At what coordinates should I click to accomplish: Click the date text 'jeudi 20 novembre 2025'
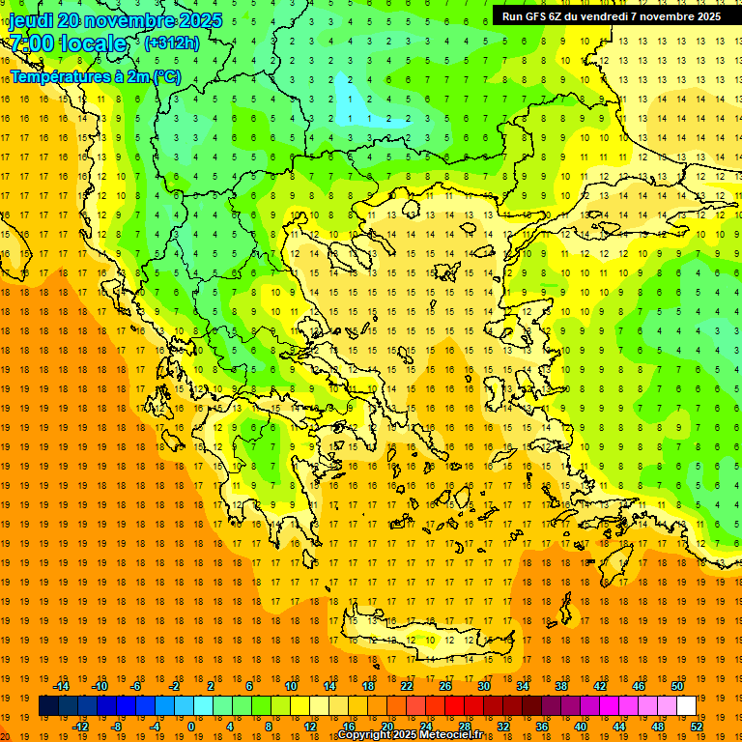click(x=115, y=20)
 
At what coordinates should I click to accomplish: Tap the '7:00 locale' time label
click(x=68, y=43)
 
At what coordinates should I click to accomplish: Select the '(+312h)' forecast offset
click(x=171, y=43)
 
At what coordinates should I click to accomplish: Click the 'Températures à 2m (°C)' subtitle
click(x=95, y=76)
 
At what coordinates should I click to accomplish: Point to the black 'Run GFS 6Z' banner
click(x=611, y=15)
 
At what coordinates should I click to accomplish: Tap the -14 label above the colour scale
click(x=62, y=686)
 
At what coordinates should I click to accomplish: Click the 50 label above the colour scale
click(x=676, y=686)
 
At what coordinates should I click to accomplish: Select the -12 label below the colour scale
click(x=81, y=727)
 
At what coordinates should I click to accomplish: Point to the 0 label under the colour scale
click(x=190, y=727)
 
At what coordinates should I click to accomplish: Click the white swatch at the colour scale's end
click(x=686, y=706)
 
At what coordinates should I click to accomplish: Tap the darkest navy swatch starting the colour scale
click(x=48, y=706)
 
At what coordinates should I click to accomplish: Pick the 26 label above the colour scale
click(x=445, y=686)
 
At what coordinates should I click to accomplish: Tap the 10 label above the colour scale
click(x=291, y=686)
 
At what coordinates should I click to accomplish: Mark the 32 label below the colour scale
click(x=503, y=727)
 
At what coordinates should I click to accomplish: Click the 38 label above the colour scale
click(x=561, y=686)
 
